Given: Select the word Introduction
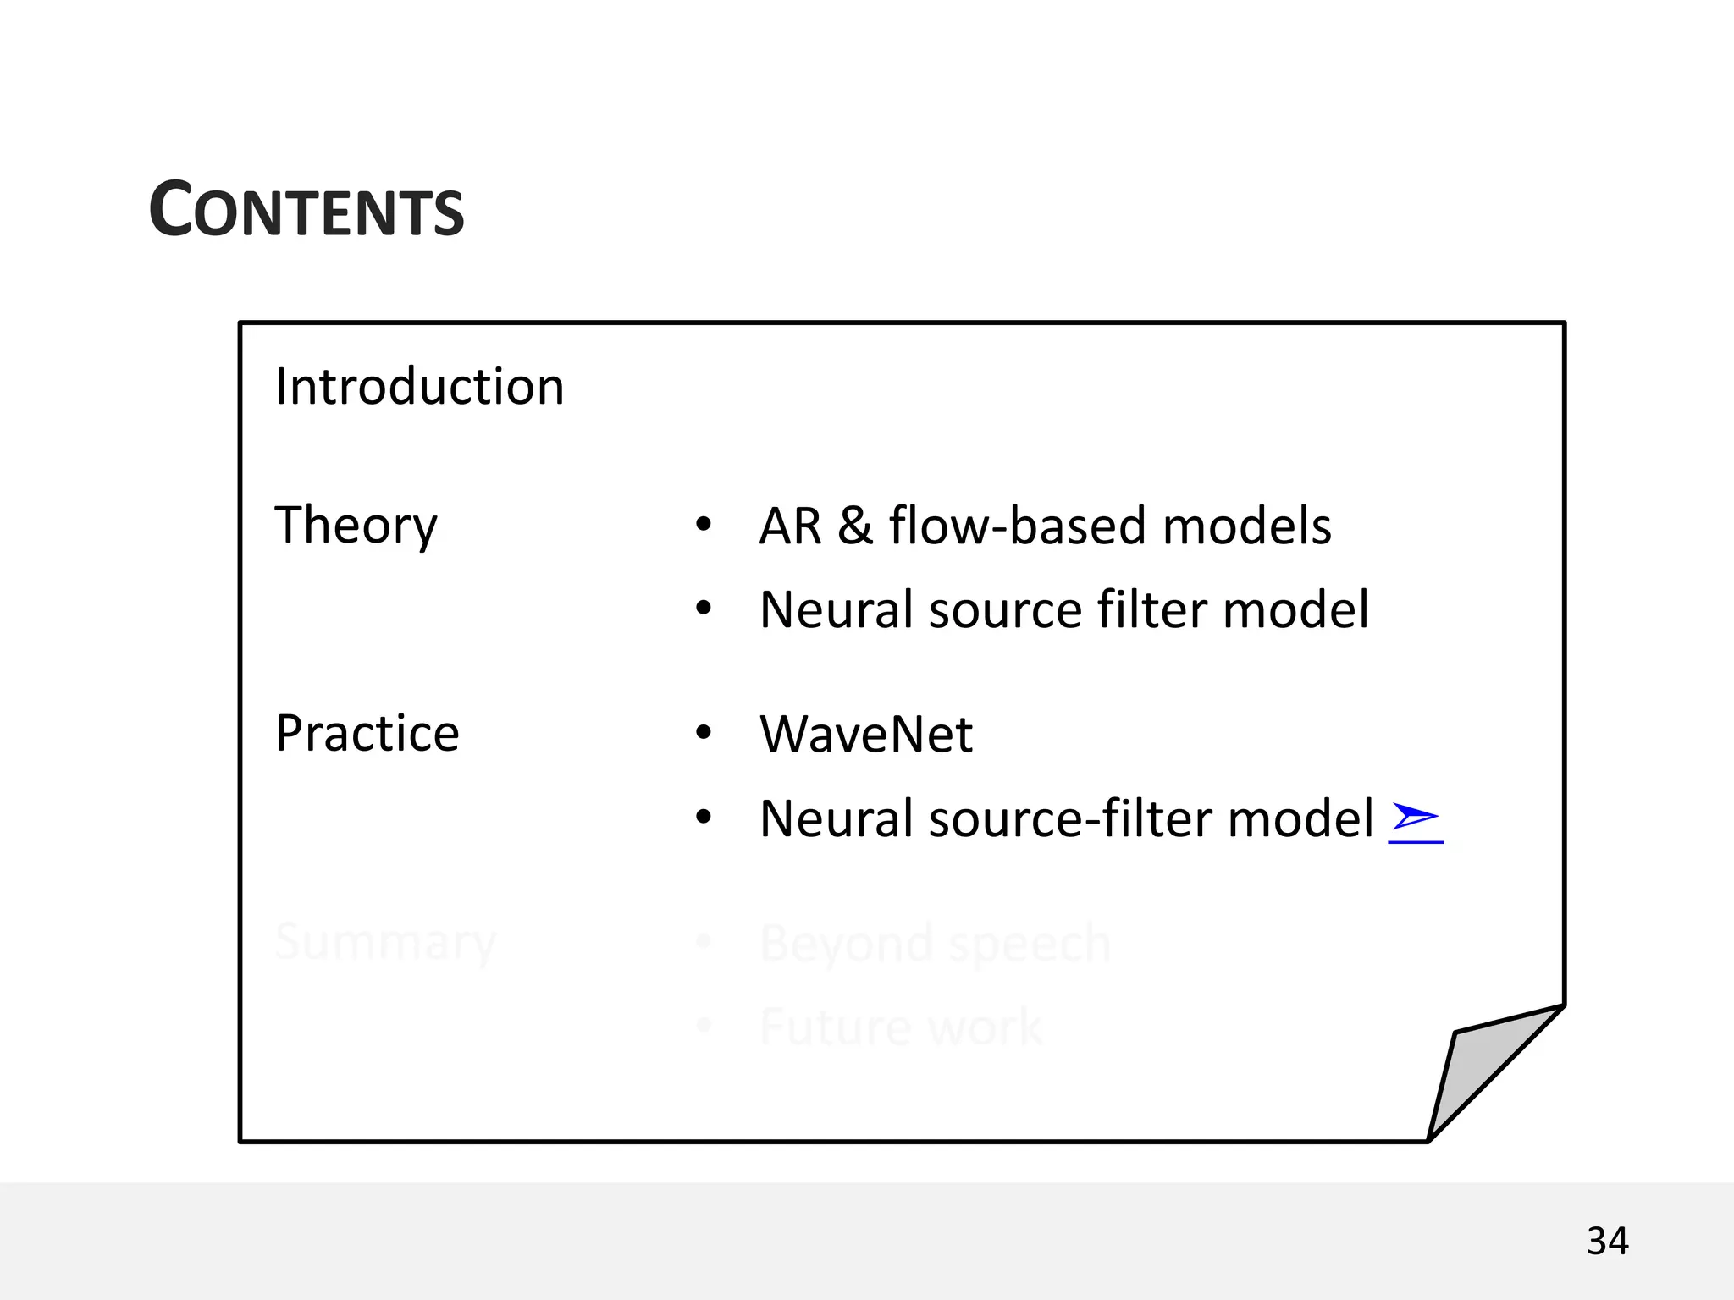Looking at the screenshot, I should tap(419, 387).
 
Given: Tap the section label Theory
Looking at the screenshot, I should tap(356, 525).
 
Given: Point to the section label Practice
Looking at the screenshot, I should tap(367, 733).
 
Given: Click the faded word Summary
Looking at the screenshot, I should tap(385, 942).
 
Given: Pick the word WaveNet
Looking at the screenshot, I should tap(866, 734).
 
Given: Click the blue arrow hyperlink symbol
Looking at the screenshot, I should tap(1415, 818).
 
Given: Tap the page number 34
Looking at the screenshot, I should tap(1607, 1242).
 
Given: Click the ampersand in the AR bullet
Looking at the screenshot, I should tap(855, 526).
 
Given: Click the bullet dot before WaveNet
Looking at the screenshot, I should tap(704, 733).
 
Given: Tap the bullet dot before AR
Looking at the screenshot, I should tap(704, 525).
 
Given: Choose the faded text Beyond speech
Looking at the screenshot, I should tap(935, 943).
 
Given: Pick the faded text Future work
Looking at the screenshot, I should tap(900, 1027).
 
